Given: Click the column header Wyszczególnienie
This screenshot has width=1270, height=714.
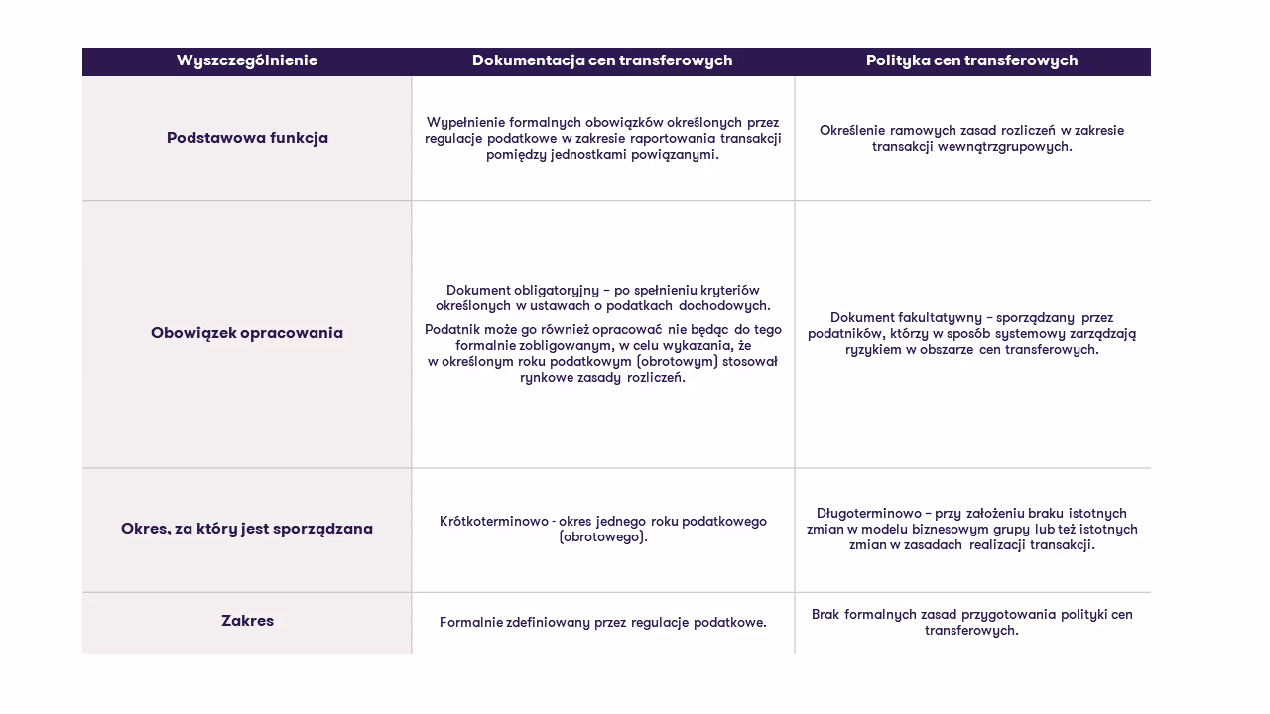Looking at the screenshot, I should point(247,60).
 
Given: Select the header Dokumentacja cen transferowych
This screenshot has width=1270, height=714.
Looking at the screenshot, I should point(602,60).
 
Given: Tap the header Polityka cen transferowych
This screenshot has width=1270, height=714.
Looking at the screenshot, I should point(971,60).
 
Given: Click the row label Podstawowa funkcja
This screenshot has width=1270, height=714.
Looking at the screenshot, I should point(247,138).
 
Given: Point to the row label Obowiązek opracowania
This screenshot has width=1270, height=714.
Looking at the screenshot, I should point(247,333).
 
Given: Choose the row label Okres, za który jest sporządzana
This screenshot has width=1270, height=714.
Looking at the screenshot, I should point(247,529).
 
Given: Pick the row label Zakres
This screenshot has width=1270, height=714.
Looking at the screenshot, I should point(247,621).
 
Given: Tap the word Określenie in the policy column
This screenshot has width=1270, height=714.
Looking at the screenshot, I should point(852,131).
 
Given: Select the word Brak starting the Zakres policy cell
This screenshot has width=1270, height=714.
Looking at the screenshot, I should point(825,615).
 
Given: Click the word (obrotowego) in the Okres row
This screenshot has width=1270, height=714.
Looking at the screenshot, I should point(603,537).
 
